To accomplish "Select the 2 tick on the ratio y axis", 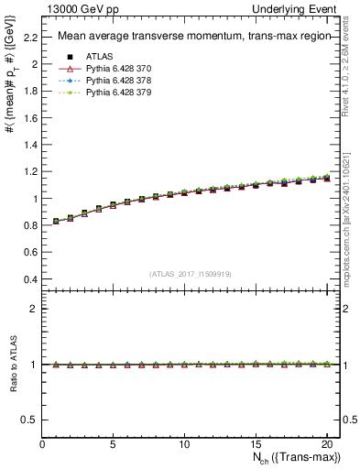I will pos(35,309).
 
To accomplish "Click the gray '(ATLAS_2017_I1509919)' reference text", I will pos(191,273).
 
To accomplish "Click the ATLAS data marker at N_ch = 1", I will pos(57,221).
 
